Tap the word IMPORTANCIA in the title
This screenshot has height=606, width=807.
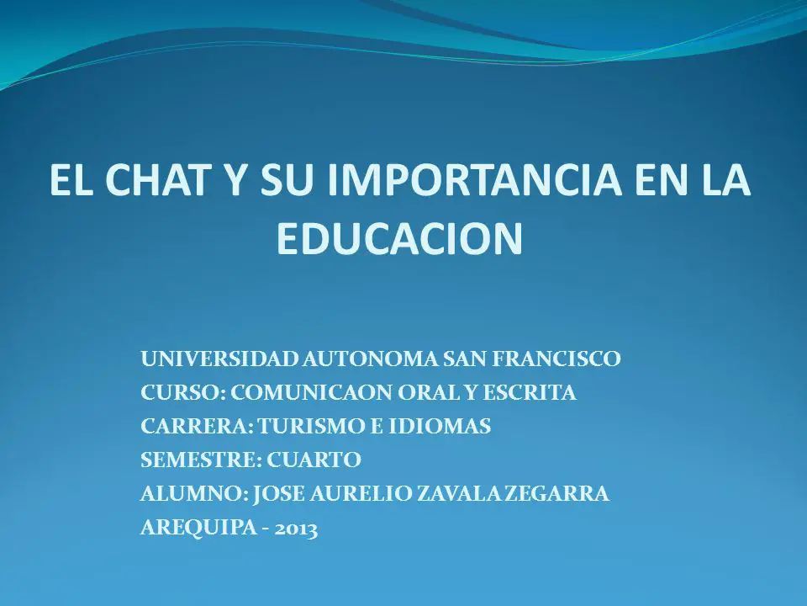click(x=473, y=179)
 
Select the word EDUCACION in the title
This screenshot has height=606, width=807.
click(x=400, y=238)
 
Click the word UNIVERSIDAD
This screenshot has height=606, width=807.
click(x=219, y=359)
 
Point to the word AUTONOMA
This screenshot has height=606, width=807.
click(x=370, y=359)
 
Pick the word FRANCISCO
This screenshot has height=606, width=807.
click(x=556, y=359)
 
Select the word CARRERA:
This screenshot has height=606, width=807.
click(x=197, y=426)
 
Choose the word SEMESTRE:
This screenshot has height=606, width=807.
click(x=201, y=460)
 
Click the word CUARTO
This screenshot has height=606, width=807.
click(x=314, y=460)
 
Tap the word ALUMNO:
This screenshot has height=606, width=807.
click(x=194, y=494)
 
